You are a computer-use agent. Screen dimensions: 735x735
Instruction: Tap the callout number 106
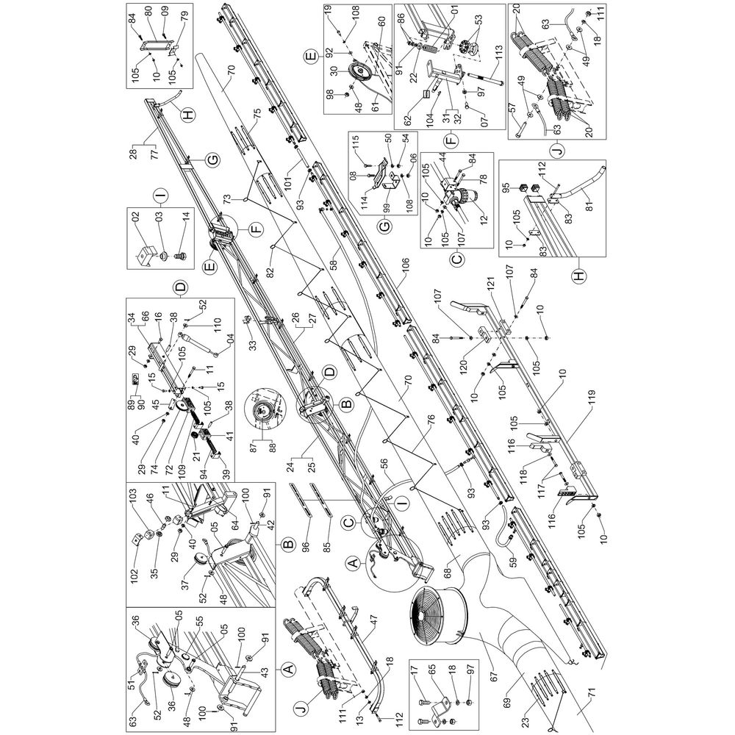tap(404, 266)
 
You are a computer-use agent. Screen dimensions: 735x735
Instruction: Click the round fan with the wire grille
tap(436, 614)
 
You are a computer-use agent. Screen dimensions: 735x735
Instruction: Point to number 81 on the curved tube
tap(589, 205)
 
